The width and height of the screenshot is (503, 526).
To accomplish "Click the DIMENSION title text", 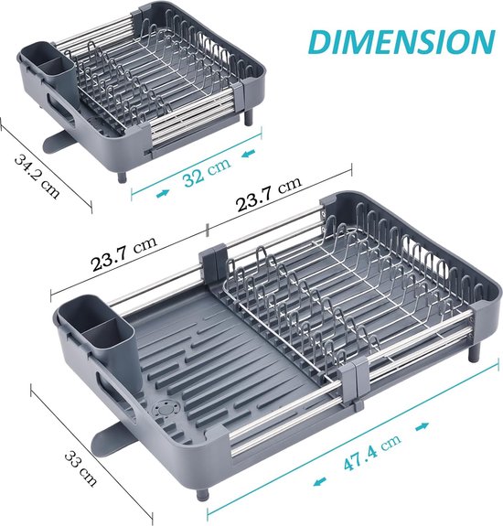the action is (x=401, y=42).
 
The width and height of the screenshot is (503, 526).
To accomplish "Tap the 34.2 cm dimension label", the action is (x=37, y=177).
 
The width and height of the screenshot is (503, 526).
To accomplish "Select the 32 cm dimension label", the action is (x=207, y=171).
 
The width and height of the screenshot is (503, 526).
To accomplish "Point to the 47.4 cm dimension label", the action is (x=372, y=453).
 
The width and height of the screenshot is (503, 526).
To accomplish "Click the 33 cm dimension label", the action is (x=80, y=468).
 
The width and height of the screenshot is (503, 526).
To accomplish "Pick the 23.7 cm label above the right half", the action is (x=269, y=194).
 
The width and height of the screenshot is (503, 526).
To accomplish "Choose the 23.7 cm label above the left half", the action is (x=124, y=254).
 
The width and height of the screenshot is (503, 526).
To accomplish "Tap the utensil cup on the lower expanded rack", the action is (x=97, y=329).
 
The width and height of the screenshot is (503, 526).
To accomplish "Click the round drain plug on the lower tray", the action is (x=166, y=409).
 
